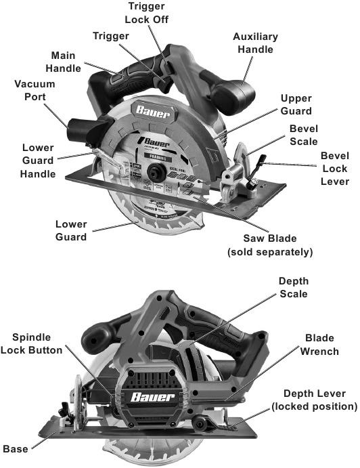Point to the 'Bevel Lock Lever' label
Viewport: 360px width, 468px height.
point(334,169)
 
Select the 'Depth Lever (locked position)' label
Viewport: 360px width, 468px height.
point(313,400)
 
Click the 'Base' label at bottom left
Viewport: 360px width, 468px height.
point(16,448)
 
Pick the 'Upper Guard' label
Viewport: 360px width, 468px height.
point(296,104)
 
